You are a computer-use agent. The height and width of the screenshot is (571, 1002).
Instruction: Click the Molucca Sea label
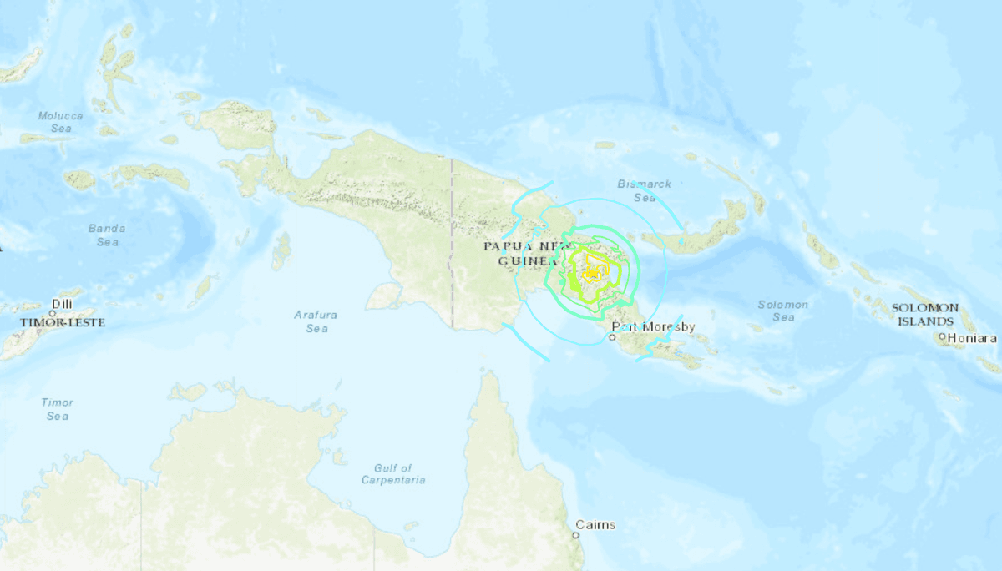(61, 122)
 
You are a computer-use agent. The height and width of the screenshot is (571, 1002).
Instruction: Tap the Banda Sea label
(107, 235)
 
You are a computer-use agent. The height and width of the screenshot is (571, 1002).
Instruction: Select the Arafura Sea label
(316, 321)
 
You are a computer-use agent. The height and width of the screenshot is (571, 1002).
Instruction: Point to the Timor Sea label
(58, 409)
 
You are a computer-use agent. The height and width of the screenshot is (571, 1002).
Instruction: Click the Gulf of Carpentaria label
(393, 474)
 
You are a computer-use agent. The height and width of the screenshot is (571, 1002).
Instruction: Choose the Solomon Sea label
(782, 311)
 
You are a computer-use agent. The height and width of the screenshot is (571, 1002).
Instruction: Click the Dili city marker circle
(52, 314)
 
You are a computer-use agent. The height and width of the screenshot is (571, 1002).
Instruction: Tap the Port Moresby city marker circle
(612, 338)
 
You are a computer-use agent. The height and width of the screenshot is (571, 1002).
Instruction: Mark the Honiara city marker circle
(941, 337)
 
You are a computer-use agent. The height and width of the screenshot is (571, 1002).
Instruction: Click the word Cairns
(595, 524)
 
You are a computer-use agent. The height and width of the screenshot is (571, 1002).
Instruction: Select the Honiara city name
(972, 338)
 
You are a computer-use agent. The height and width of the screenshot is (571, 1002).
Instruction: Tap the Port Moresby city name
(653, 326)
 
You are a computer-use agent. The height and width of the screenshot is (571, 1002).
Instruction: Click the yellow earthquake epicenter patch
(591, 273)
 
